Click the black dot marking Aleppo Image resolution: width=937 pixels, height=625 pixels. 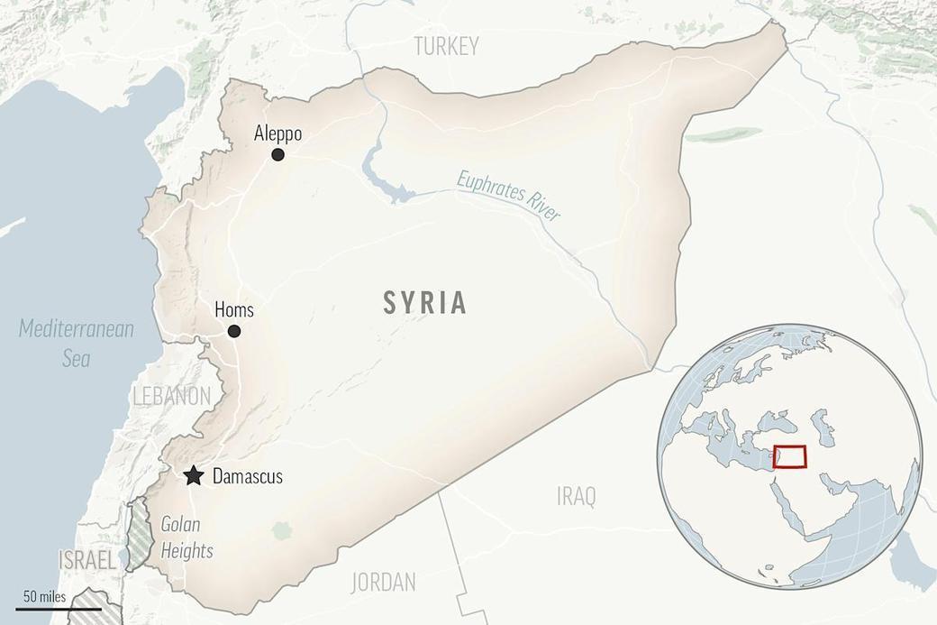click(x=277, y=154)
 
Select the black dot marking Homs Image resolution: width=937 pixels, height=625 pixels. click(x=234, y=331)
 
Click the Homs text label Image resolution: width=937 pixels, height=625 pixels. click(x=234, y=310)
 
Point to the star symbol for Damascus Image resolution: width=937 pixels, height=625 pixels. click(x=193, y=476)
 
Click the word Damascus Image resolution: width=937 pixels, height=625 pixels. click(x=247, y=476)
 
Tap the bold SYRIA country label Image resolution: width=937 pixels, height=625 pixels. click(x=425, y=303)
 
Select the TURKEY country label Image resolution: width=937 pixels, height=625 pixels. click(x=446, y=47)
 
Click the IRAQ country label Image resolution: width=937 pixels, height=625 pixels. click(x=576, y=496)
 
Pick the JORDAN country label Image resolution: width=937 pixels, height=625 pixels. click(x=384, y=581)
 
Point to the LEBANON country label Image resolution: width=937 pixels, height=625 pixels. click(x=171, y=396)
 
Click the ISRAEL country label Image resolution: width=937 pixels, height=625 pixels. click(x=86, y=561)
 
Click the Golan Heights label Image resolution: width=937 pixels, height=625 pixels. click(x=186, y=538)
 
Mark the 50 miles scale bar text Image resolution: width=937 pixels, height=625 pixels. click(x=44, y=596)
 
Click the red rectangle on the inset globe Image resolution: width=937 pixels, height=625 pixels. click(x=789, y=457)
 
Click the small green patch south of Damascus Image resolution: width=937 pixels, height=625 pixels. click(x=282, y=530)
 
